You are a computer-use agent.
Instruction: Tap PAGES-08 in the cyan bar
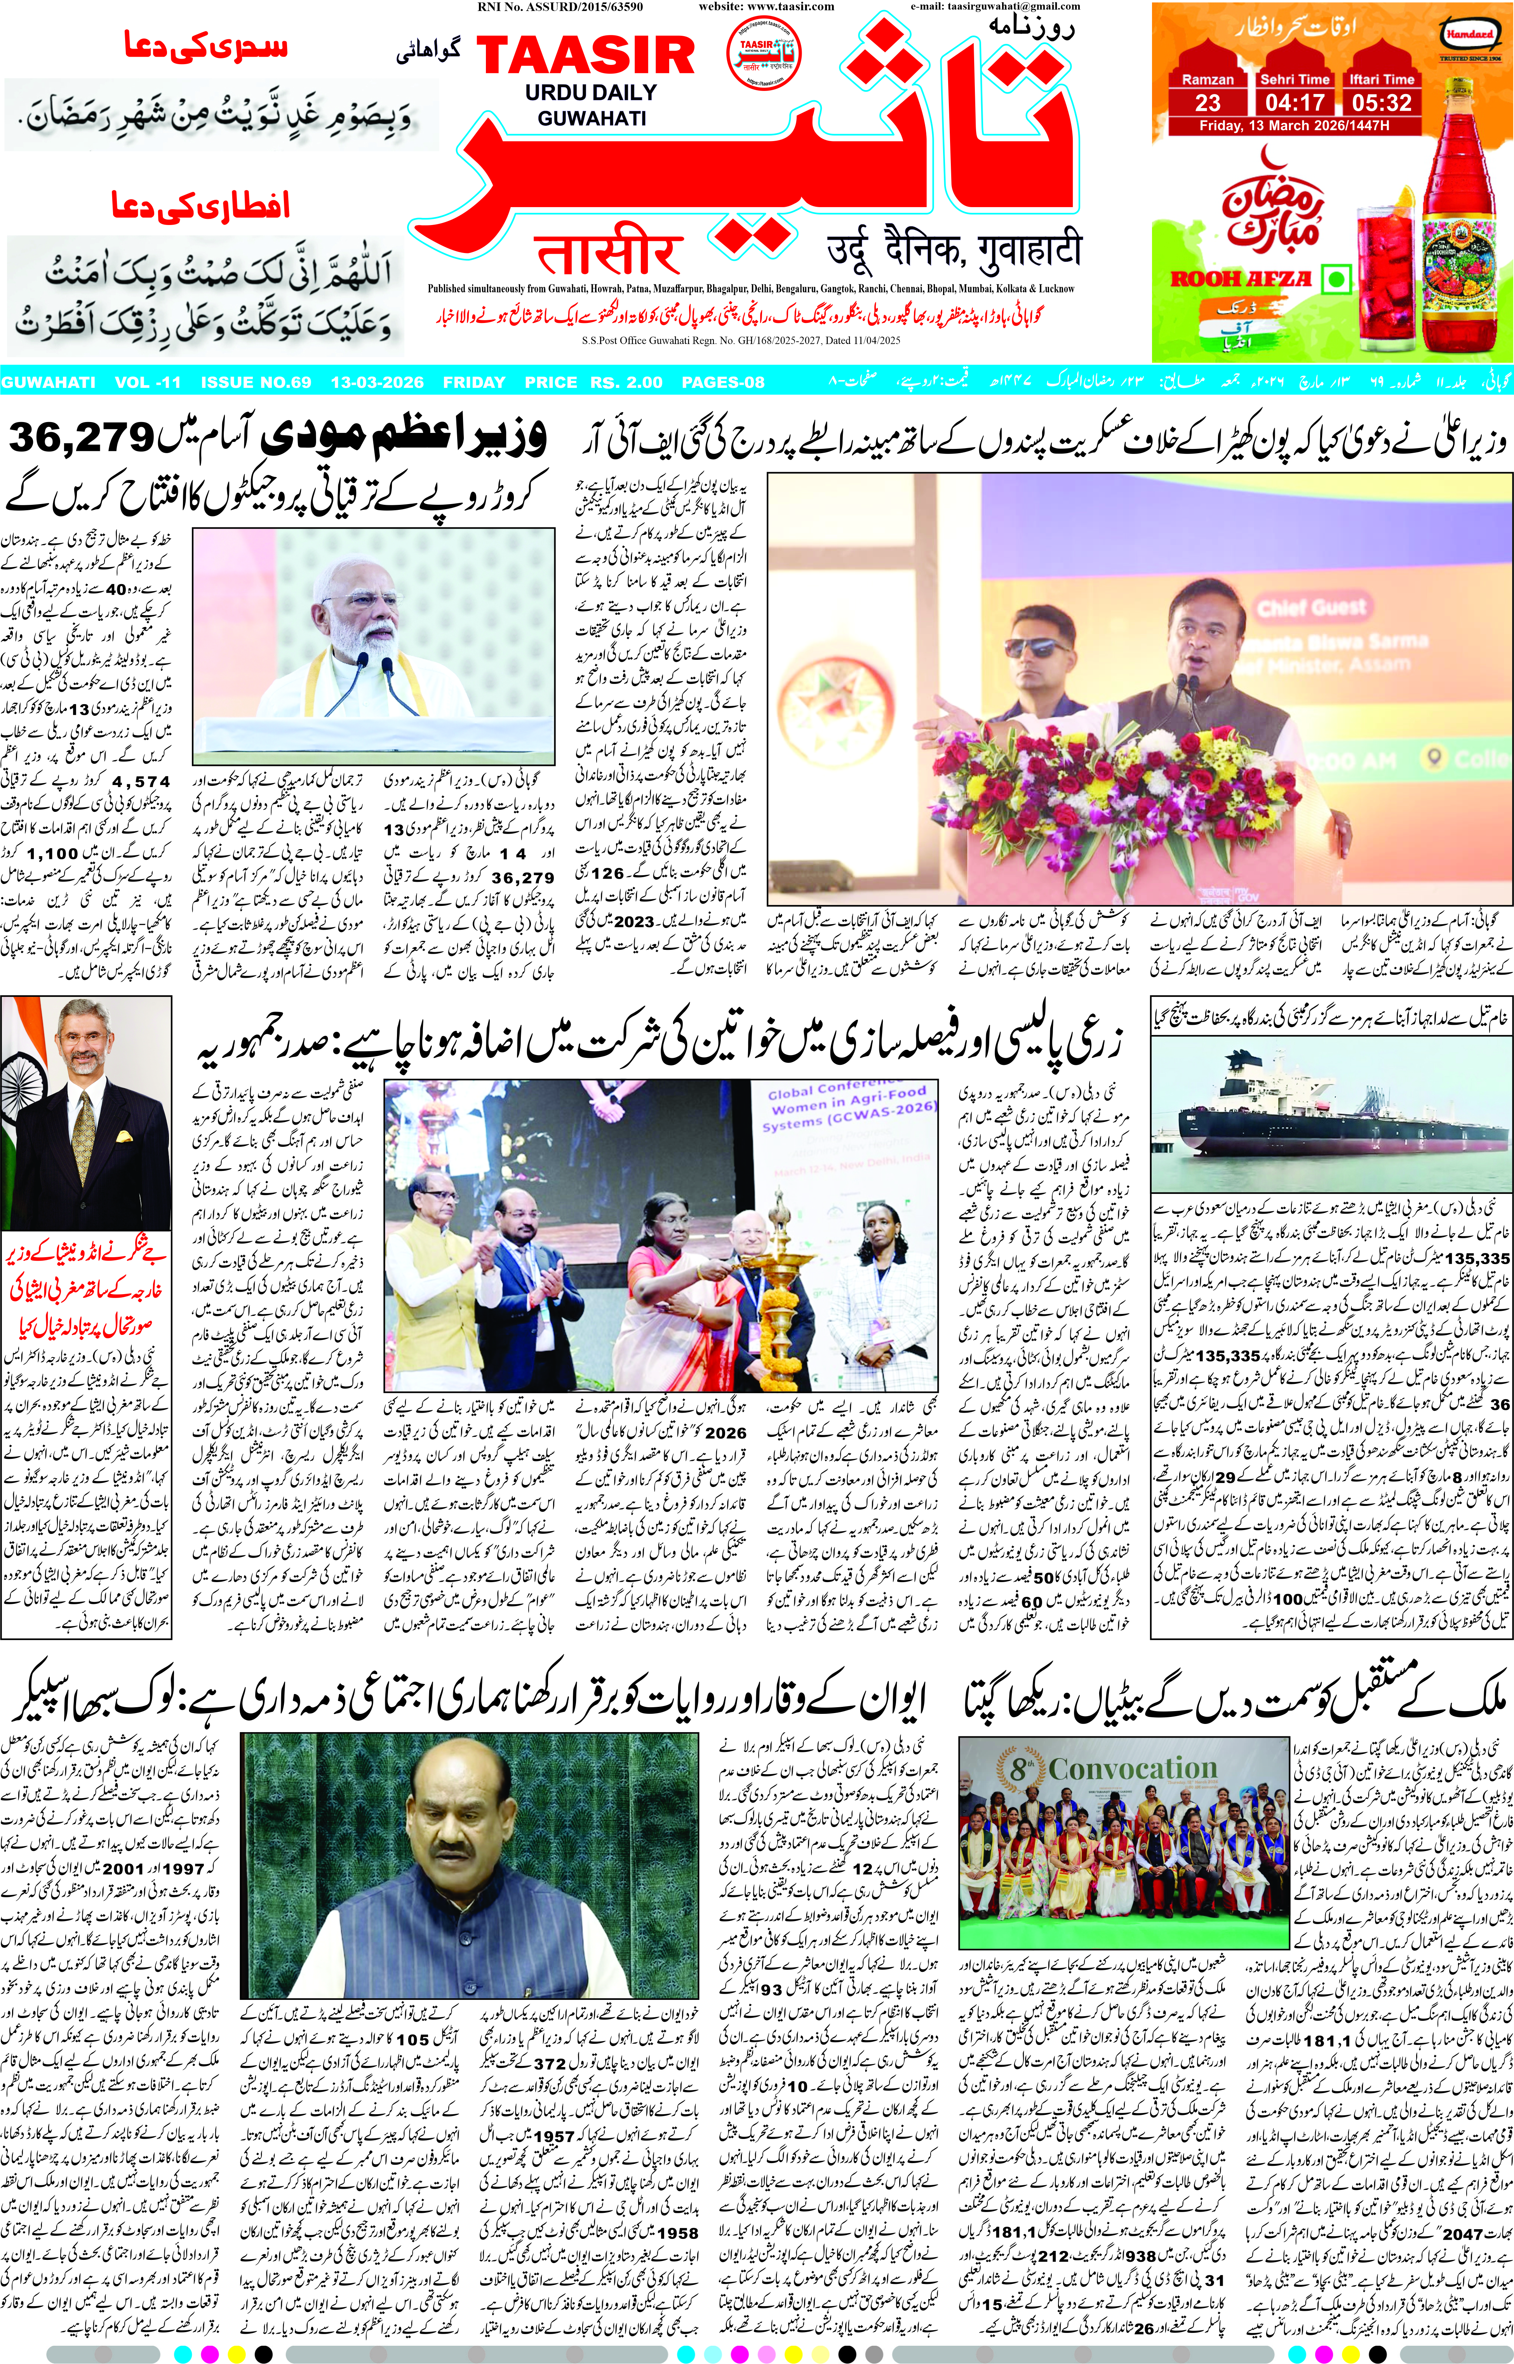(722, 382)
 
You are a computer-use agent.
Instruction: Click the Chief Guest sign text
(1312, 607)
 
